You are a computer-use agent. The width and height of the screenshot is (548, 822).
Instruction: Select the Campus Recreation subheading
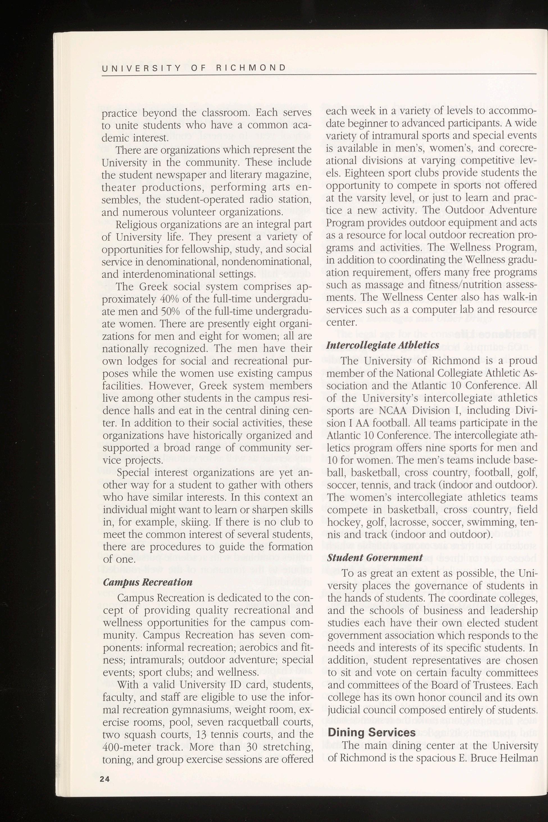coord(148,583)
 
